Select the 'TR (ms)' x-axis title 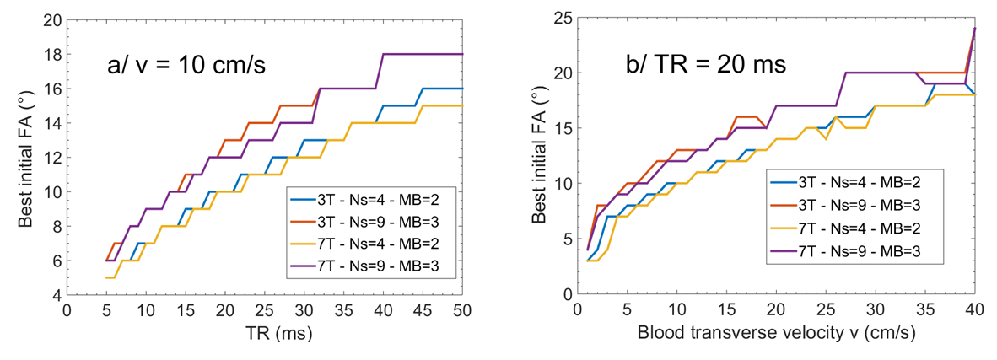tap(265, 333)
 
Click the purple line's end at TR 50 tap(463, 54)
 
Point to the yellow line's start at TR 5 tap(106, 277)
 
